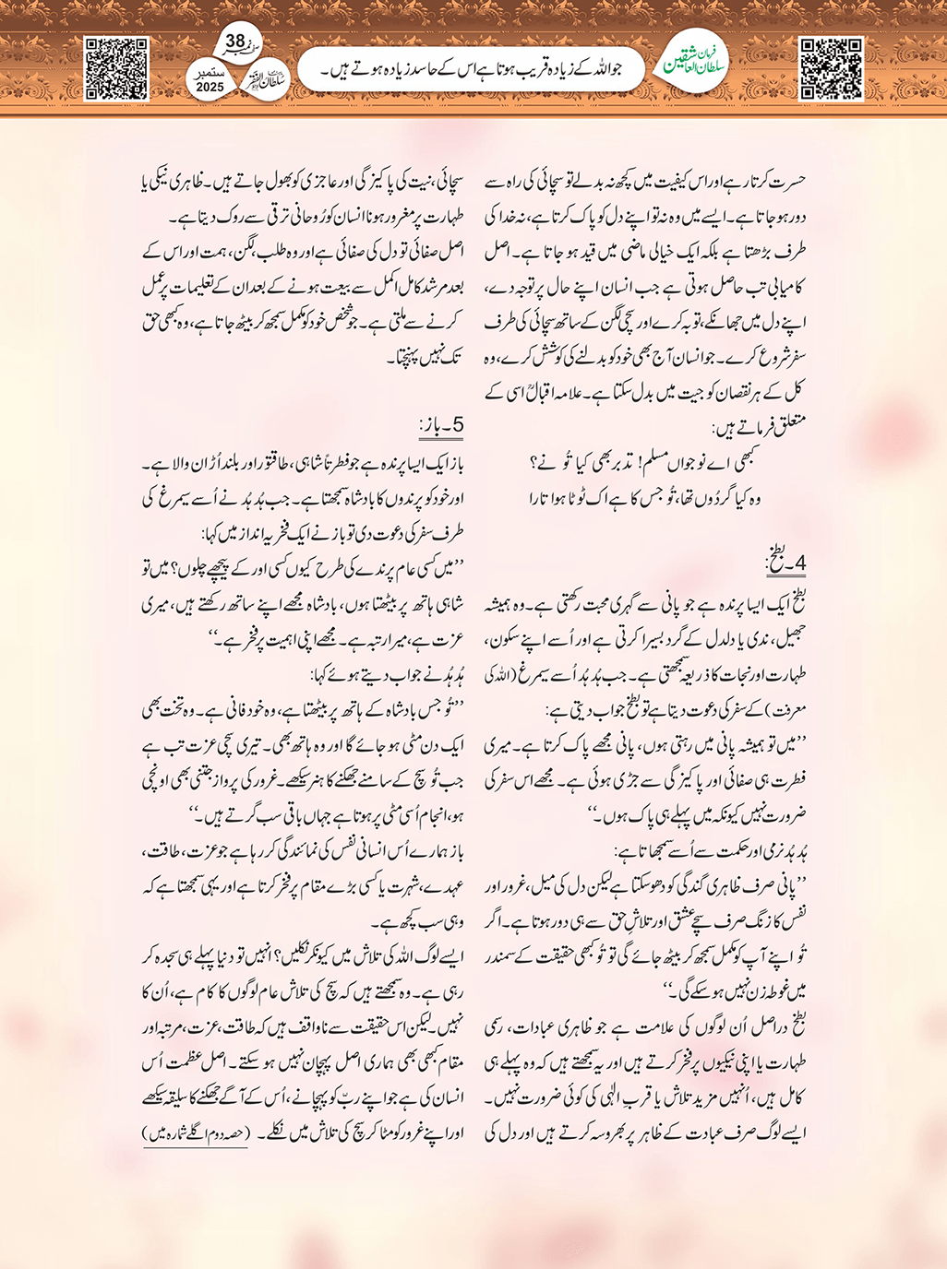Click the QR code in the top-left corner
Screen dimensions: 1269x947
point(116,68)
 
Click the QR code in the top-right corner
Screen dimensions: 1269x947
point(831,68)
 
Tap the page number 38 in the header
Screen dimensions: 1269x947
point(235,42)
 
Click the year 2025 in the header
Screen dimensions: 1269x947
point(210,87)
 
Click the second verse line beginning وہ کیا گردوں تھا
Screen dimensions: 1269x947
point(645,498)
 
